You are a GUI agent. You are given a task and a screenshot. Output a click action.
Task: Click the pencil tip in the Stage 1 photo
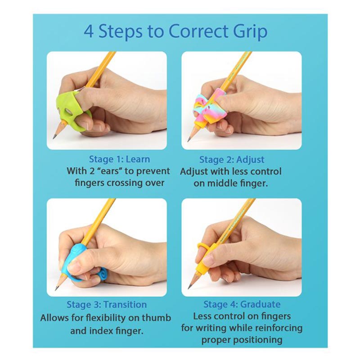coord(54,138)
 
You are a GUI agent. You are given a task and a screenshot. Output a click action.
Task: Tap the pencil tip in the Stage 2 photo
coord(189,140)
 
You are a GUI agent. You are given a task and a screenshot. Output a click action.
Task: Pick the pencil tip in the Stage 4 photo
coord(189,287)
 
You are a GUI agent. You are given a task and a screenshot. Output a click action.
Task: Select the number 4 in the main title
coord(89,31)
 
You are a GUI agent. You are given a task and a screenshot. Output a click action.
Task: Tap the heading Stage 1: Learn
coord(119,159)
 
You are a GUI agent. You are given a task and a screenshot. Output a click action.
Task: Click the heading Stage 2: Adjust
coord(232,160)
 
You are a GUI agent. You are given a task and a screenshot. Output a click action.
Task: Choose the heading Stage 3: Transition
coord(107,305)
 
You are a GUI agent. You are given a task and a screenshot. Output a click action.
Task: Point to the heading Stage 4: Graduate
coord(242,305)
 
